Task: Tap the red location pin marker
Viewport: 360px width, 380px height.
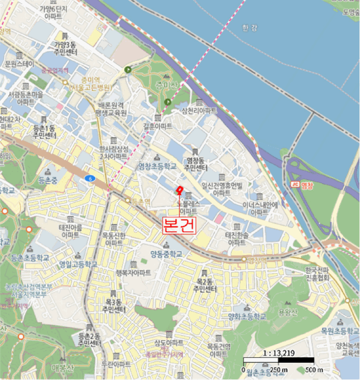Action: coord(179,189)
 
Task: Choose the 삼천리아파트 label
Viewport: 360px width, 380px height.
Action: coord(199,110)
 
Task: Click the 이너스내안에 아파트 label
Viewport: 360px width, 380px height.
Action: coord(260,208)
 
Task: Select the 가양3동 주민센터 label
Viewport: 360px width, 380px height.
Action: coord(66,48)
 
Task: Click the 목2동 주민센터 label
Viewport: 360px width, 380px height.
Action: coord(204,284)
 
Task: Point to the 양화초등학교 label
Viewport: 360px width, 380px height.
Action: coord(247,316)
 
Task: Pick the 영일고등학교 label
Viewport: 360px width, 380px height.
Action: coord(79,264)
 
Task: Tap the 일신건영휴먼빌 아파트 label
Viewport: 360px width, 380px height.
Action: coord(221,189)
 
